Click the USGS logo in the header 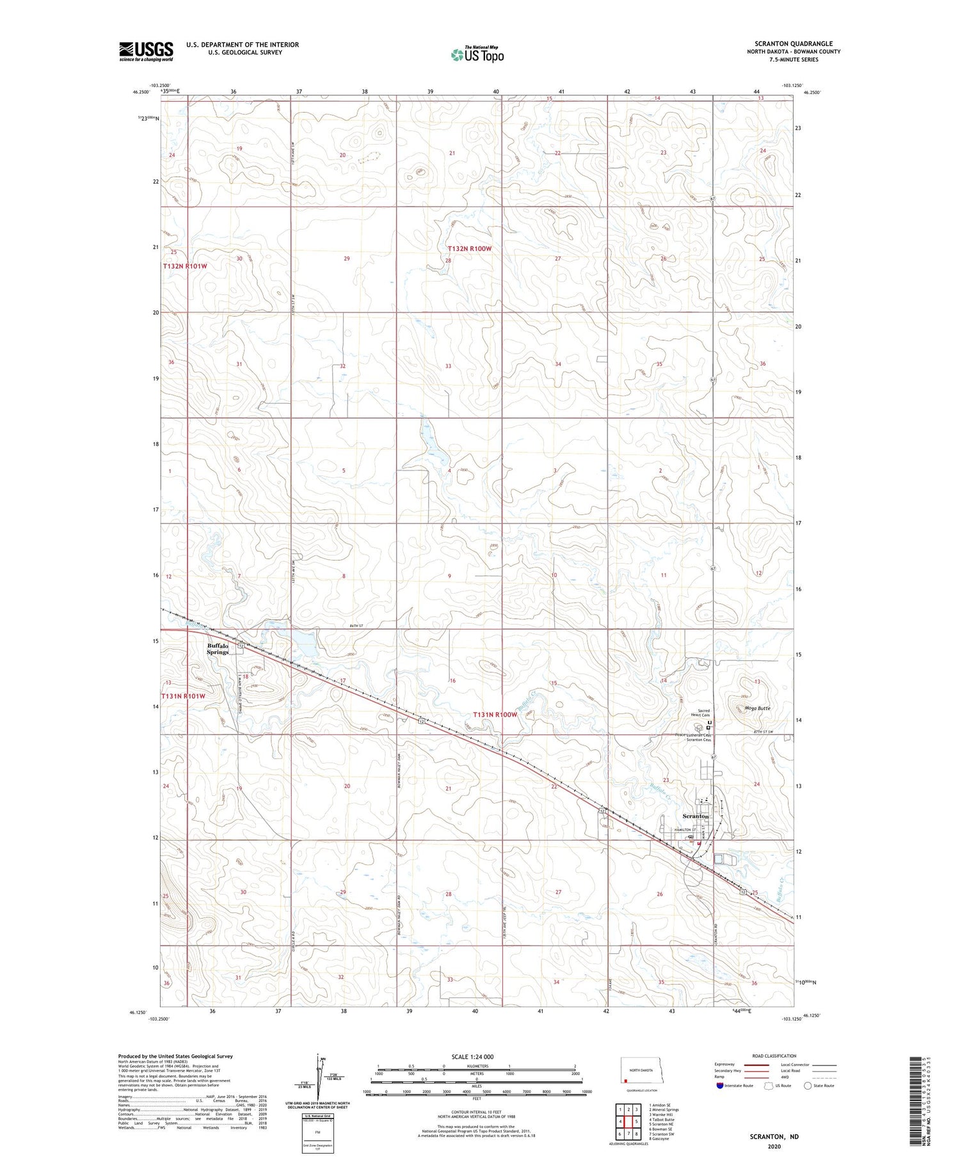point(146,51)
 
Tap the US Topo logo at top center point(477,54)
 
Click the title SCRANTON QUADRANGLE point(797,44)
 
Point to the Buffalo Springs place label point(218,649)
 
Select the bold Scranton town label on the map point(695,816)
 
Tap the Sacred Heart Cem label point(703,713)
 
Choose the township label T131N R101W point(183,696)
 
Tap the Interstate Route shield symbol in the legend point(720,1086)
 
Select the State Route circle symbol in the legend point(808,1086)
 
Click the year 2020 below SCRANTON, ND point(774,1147)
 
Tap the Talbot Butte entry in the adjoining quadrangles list point(661,1120)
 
